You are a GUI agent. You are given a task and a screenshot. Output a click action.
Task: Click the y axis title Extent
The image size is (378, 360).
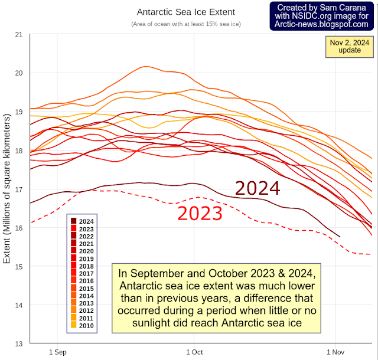click(8, 189)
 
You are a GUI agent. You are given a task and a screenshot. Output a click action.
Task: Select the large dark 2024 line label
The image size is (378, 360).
click(258, 188)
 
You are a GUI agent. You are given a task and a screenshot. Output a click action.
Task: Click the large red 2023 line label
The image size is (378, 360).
click(200, 212)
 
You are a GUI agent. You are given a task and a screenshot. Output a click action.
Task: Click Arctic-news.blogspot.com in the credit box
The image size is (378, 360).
click(325, 25)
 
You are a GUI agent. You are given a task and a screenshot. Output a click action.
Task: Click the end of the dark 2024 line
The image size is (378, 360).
click(340, 237)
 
